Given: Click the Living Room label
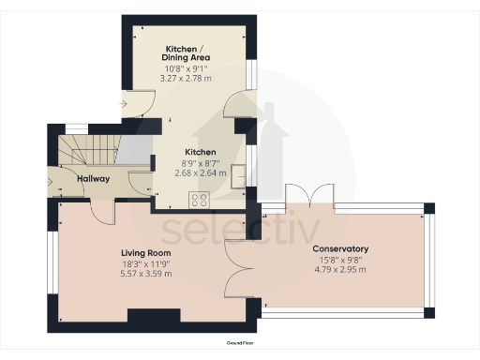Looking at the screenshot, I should coord(145,253).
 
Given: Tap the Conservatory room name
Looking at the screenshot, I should coord(340,248).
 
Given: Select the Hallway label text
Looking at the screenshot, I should coord(94,179).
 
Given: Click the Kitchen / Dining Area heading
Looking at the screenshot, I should coord(187,52).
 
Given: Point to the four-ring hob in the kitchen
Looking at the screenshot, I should coord(200,199).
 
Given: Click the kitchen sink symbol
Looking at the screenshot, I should coord(243,173).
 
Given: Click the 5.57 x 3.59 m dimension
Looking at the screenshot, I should coord(145,275).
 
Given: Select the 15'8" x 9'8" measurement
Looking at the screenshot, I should coord(340,260).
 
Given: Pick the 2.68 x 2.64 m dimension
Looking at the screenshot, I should coord(201,172).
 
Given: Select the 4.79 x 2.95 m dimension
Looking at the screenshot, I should coord(340,270).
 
